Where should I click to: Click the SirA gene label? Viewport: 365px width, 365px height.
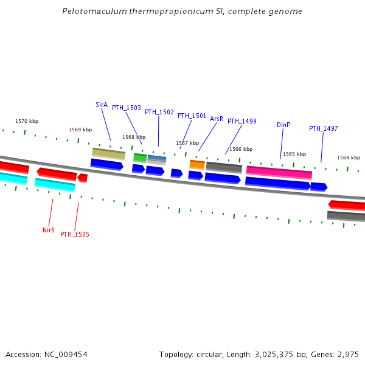102,105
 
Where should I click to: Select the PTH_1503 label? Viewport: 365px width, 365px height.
126,108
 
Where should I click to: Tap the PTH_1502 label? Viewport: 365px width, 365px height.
159,112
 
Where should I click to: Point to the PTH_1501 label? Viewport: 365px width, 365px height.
192,116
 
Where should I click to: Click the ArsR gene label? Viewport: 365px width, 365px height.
217,119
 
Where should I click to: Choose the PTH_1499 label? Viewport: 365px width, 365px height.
242,121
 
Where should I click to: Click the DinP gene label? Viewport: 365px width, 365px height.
283,125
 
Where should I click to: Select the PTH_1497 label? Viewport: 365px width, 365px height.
323,128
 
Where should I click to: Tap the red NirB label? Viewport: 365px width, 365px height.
49,230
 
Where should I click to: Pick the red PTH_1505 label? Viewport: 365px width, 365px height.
74,234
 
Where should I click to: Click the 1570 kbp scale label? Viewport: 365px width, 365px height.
27,122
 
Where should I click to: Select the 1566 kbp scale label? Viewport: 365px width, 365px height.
241,149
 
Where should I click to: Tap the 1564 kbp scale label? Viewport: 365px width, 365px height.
349,158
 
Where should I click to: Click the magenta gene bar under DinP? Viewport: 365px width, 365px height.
279,172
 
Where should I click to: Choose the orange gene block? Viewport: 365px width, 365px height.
197,164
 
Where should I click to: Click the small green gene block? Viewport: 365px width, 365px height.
140,157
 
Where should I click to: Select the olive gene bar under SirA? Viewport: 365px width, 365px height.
108,153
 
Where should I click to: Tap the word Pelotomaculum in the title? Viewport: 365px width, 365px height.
92,12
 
